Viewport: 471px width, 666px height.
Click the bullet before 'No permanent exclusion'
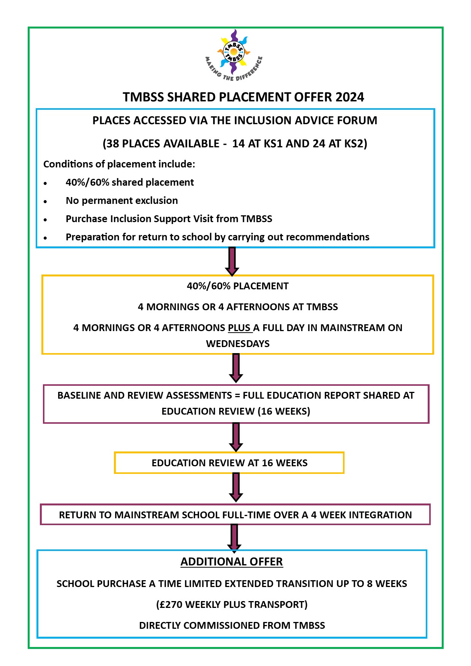point(45,201)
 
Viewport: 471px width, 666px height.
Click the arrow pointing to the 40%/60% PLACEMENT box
point(232,261)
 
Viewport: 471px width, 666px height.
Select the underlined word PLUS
point(239,328)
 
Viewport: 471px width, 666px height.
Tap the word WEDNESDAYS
point(238,344)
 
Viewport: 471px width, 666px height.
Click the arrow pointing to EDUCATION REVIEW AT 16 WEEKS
point(236,437)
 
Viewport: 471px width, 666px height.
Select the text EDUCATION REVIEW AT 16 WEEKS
point(229,463)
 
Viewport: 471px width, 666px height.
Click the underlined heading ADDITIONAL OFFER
point(232,562)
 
